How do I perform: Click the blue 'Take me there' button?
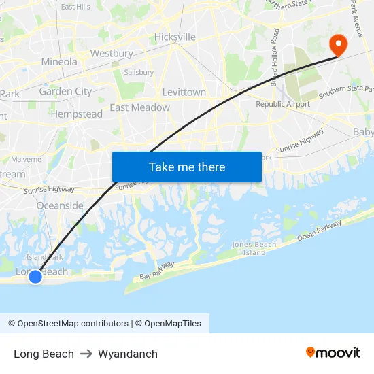pos(187,167)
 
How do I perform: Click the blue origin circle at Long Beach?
pos(35,276)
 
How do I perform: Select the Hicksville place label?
pos(175,37)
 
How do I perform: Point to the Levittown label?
pos(184,92)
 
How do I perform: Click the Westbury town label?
pos(112,53)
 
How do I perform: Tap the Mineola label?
pos(59,61)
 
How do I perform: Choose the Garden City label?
pos(65,91)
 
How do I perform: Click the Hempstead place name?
pos(76,114)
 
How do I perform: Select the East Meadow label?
pos(139,107)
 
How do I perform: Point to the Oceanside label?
pos(60,205)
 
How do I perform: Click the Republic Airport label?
pos(283,104)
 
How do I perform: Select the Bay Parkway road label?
pos(157,270)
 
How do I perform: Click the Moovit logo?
pos(333,352)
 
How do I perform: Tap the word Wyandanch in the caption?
pos(128,354)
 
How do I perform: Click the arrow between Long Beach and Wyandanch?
pos(86,354)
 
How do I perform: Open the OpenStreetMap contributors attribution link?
pos(68,324)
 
